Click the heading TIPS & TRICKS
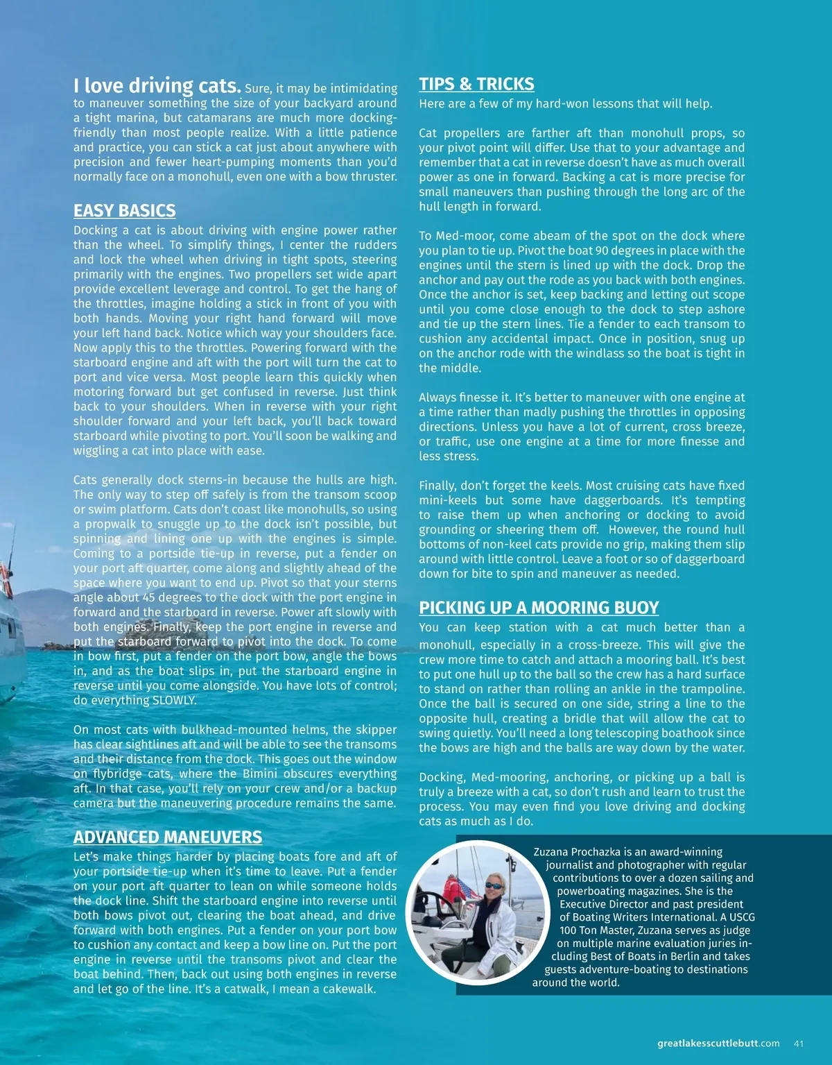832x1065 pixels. click(x=476, y=85)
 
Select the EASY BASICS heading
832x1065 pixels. click(x=125, y=211)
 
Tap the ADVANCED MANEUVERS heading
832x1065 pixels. click(x=168, y=837)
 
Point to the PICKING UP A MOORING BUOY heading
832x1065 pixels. click(x=539, y=608)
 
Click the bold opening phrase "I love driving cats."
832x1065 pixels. click(x=157, y=86)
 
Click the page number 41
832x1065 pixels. click(x=799, y=1043)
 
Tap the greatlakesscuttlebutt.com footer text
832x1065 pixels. click(x=718, y=1043)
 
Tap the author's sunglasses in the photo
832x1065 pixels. click(x=493, y=886)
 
